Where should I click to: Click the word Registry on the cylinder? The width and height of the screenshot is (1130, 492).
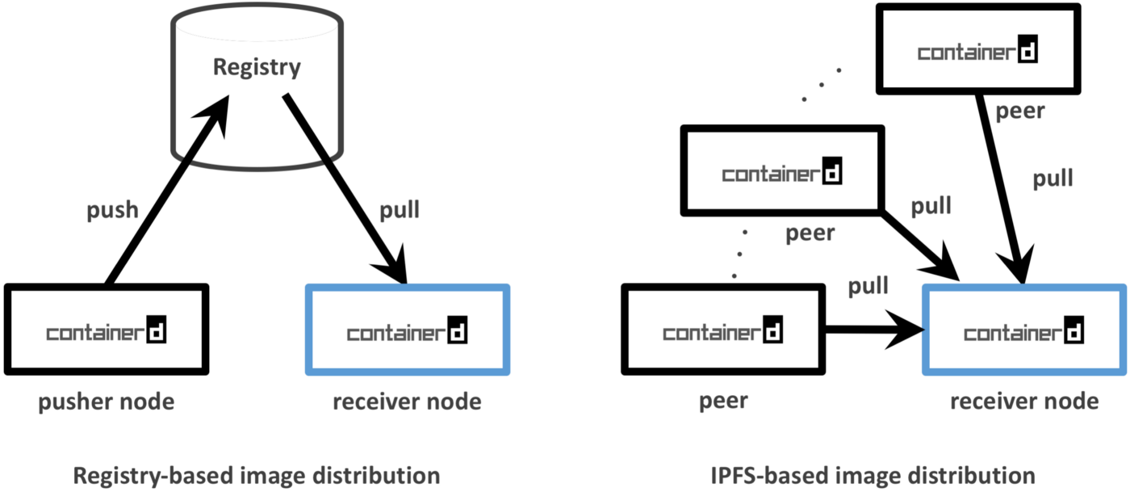coord(257,66)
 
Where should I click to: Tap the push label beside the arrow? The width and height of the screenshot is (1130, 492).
coord(112,211)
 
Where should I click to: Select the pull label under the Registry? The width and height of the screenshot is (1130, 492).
coord(399,211)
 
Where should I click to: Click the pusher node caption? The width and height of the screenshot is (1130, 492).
coord(106,401)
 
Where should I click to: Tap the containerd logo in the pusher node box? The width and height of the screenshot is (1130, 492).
coord(106,332)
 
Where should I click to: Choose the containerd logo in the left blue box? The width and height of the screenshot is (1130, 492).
coord(407,332)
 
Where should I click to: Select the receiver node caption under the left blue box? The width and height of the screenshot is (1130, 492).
coord(407,401)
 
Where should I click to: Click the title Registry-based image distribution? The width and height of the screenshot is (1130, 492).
coord(257,475)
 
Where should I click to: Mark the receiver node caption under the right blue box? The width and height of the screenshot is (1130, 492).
coord(1023,401)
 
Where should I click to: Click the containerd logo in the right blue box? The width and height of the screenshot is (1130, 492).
coord(1023,332)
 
